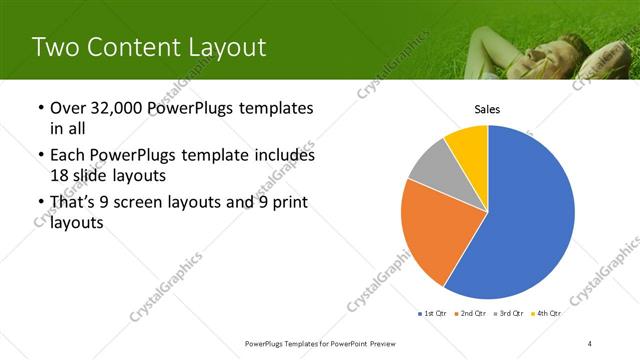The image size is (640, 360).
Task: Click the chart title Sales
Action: point(487,110)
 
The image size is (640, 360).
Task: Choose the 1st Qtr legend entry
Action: point(432,313)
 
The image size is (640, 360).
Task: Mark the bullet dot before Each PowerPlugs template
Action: point(39,156)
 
